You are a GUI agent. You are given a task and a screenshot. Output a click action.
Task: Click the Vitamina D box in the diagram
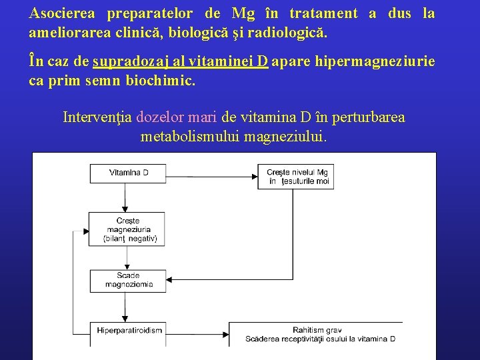coord(128,173)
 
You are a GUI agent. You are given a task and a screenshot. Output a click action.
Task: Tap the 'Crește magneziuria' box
coord(127,229)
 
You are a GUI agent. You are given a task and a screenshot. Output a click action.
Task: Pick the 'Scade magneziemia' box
coord(128,280)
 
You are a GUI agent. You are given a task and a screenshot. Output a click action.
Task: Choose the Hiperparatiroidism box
coord(127,330)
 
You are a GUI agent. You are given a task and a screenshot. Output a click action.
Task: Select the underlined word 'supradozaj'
coord(124,62)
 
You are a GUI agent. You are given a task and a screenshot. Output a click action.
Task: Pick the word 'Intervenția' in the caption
coord(97,118)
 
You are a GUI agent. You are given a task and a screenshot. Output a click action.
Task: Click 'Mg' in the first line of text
coord(238,13)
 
